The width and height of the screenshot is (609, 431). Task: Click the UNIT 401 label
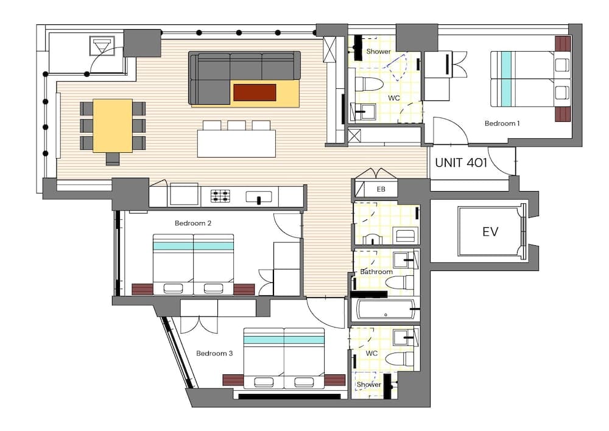point(461,163)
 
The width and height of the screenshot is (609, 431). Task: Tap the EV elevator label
point(490,231)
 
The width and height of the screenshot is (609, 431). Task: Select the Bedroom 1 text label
point(502,124)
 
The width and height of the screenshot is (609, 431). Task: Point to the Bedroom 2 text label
point(193,223)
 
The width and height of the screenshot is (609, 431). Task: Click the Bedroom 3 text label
point(214,353)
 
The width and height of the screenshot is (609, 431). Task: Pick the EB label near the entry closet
point(381,189)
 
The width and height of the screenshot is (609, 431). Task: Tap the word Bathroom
point(376,272)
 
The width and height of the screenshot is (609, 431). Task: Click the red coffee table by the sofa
point(255,93)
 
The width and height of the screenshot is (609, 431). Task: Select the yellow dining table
point(112,125)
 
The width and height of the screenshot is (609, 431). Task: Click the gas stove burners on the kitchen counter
point(220,196)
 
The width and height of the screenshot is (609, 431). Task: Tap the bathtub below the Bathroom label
point(386,310)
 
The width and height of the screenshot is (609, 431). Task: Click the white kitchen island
point(236,144)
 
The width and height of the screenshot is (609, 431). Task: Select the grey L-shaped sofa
point(244,67)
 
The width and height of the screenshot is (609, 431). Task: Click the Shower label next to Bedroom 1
point(378,52)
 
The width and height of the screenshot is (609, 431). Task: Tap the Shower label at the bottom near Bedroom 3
point(368,385)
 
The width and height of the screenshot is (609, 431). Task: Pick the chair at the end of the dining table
point(113,159)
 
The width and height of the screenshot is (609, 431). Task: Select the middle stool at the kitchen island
point(236,125)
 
